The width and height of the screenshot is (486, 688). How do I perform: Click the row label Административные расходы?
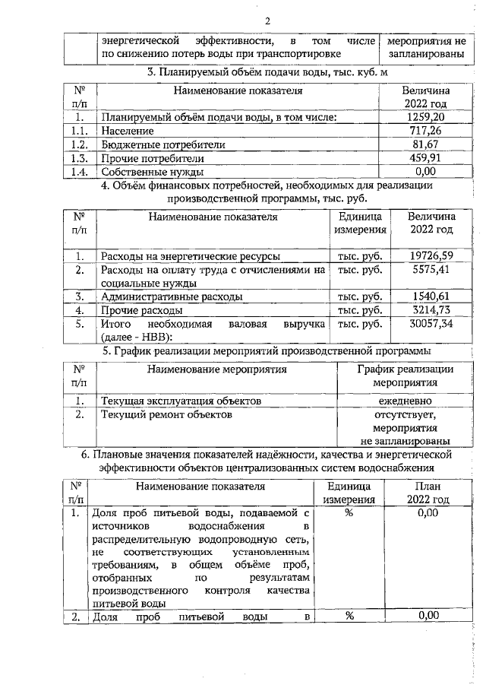172,296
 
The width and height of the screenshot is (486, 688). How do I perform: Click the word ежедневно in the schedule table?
406,401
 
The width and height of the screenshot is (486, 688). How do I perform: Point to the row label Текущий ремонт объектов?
166,414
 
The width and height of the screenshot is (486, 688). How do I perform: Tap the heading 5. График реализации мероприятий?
267,351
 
